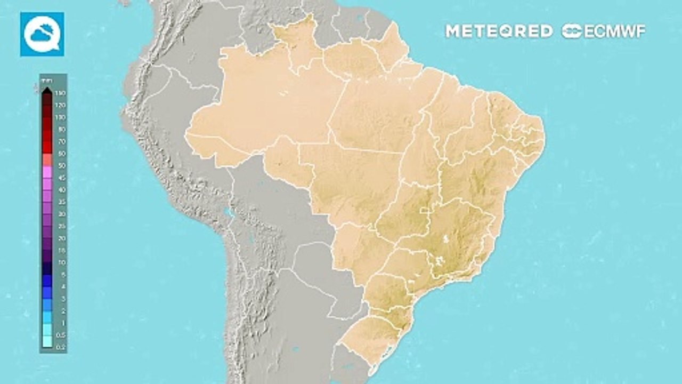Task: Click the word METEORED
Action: click(499, 31)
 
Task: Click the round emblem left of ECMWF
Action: click(572, 31)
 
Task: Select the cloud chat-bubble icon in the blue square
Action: click(42, 34)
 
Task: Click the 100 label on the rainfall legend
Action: click(60, 117)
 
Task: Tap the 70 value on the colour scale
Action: click(60, 141)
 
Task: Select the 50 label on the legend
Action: click(60, 165)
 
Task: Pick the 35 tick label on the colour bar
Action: click(60, 202)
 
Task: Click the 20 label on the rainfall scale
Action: click(60, 238)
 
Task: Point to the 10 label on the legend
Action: click(60, 262)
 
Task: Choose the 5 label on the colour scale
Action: click(60, 274)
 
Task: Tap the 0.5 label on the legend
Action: click(60, 334)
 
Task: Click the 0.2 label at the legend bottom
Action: click(60, 346)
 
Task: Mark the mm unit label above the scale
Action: click(46, 79)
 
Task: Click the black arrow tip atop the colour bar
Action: click(47, 89)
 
